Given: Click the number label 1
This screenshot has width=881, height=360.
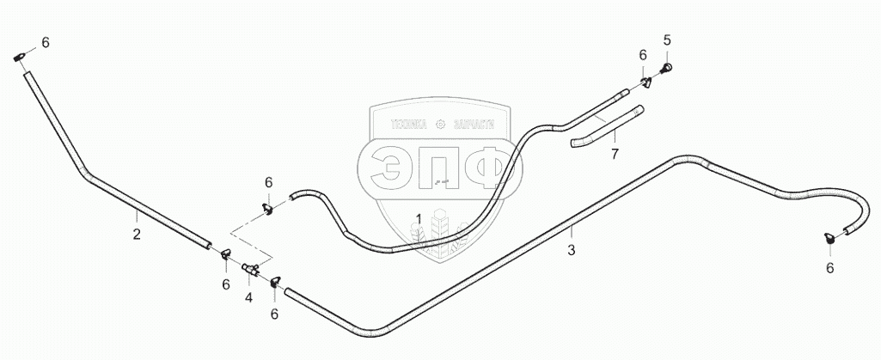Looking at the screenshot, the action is [419, 218].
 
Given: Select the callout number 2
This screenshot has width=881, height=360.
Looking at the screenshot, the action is [136, 234].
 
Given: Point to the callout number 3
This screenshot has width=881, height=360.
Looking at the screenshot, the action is [571, 250].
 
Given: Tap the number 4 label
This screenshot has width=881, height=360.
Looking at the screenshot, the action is [248, 297].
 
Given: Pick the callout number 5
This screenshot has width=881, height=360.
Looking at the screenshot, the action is [666, 40].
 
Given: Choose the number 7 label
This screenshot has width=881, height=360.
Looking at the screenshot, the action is [614, 155].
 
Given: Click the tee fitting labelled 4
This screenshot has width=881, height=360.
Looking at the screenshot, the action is [251, 270].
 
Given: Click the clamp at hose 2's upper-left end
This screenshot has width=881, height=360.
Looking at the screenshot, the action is [21, 58].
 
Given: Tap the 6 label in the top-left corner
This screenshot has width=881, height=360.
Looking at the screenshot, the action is [45, 42].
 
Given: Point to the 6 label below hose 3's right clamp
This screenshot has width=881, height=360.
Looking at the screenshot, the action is [829, 268].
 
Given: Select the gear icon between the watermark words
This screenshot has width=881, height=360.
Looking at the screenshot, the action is [441, 124].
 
